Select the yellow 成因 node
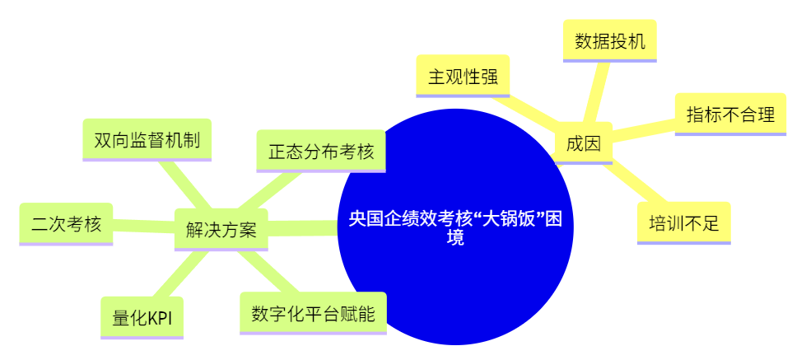[x=583, y=143]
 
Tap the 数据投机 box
[x=609, y=40]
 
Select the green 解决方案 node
[x=221, y=229]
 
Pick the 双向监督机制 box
[x=147, y=139]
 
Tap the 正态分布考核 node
[x=321, y=151]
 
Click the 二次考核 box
[x=66, y=223]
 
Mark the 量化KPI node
[x=142, y=318]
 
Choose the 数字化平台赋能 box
[x=313, y=313]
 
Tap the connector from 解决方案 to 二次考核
[x=144, y=225]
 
